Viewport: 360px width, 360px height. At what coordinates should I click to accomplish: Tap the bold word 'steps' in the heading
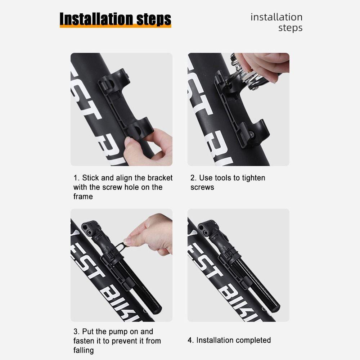(154, 19)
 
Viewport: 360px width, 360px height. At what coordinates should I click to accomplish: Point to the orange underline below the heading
(116, 26)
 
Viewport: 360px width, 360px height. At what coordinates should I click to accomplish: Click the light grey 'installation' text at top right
(276, 17)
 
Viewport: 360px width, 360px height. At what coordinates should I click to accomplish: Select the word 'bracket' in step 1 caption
(160, 178)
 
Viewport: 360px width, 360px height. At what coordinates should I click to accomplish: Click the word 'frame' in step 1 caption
(83, 197)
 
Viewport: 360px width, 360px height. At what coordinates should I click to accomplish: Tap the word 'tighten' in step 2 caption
(253, 178)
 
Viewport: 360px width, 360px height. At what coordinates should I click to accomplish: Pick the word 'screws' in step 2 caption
(202, 187)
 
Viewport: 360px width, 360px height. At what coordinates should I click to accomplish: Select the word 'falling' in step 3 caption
(84, 350)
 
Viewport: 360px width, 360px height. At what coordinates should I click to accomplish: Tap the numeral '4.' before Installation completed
(190, 340)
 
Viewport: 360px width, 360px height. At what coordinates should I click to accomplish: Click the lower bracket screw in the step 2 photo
(252, 134)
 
